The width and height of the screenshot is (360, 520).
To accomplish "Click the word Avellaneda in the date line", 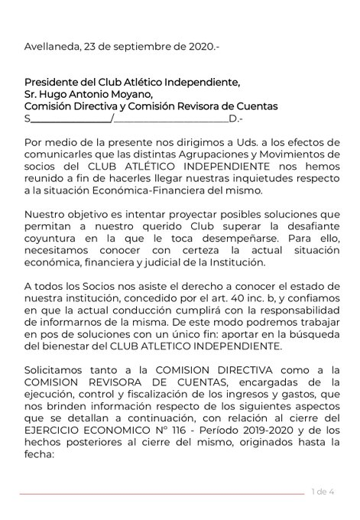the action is [x=51, y=47].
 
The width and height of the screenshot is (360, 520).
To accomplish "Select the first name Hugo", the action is [x=59, y=95].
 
